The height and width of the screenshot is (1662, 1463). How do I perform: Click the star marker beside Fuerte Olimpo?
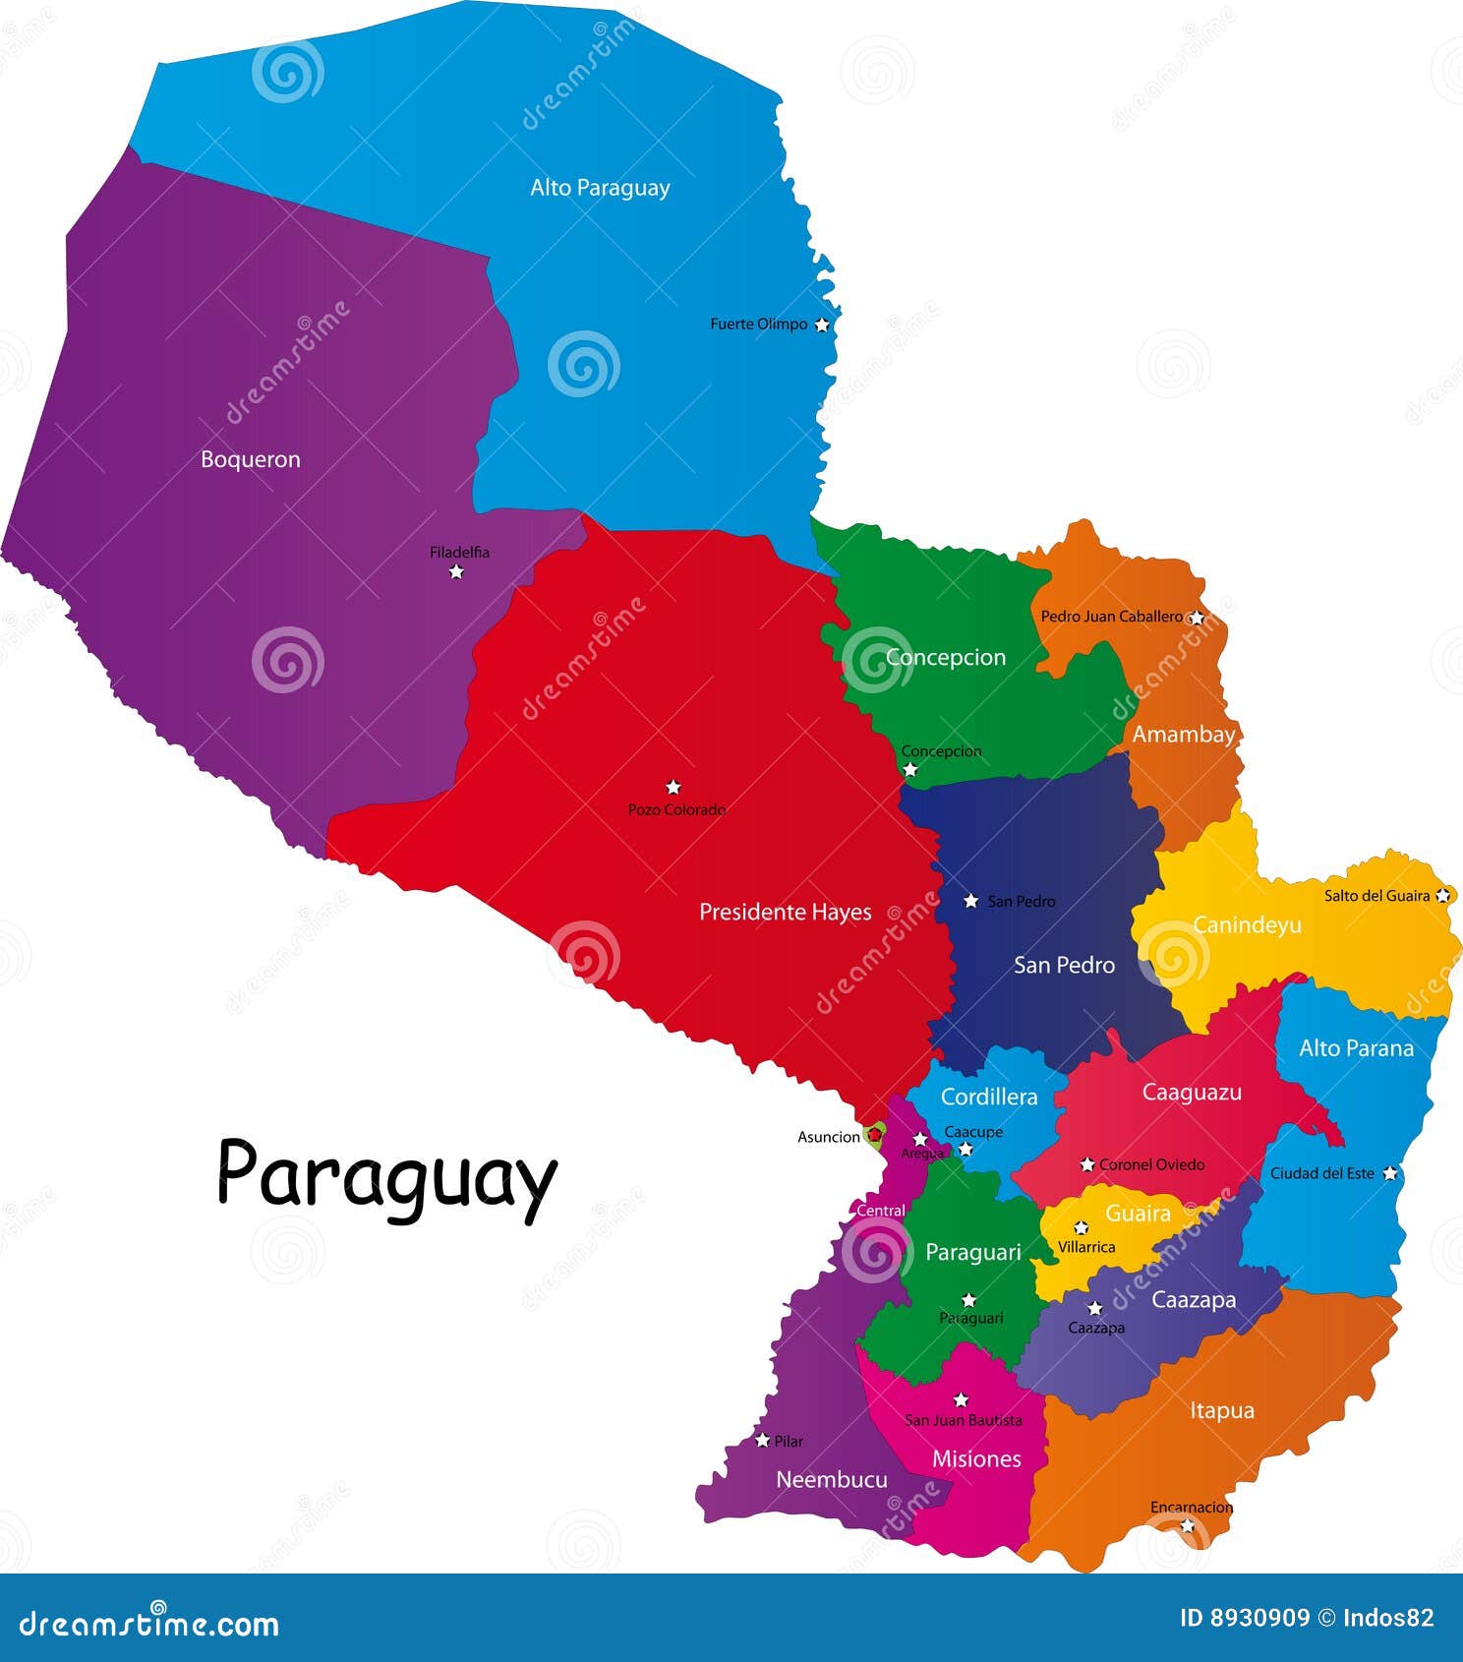pyautogui.click(x=822, y=325)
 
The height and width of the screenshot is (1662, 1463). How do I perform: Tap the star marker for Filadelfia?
pyautogui.click(x=456, y=571)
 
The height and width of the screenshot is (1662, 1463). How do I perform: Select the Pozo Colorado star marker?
pyautogui.click(x=673, y=787)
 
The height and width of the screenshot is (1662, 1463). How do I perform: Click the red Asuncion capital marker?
pyautogui.click(x=873, y=1135)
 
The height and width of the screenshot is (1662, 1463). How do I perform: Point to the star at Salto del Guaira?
pyautogui.click(x=1442, y=895)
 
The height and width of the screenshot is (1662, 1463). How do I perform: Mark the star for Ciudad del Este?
pyautogui.click(x=1389, y=1173)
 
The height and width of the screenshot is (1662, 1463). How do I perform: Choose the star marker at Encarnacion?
pyautogui.click(x=1188, y=1525)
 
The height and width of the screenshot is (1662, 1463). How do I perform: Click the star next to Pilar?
pyautogui.click(x=762, y=1441)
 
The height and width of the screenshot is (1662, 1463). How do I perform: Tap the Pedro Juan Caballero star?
pyautogui.click(x=1196, y=618)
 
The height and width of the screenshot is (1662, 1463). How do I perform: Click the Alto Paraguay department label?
pyautogui.click(x=600, y=188)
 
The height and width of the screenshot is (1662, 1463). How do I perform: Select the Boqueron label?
pyautogui.click(x=250, y=459)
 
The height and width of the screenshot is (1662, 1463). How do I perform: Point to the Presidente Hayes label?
pyautogui.click(x=785, y=912)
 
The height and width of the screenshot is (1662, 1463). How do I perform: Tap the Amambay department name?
pyautogui.click(x=1183, y=735)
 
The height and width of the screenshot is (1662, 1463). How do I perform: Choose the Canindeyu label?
pyautogui.click(x=1247, y=925)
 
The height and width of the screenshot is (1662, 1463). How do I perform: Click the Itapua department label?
pyautogui.click(x=1221, y=1410)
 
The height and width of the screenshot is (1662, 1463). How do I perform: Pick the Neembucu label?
pyautogui.click(x=831, y=1479)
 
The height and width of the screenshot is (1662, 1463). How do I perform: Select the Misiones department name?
pyautogui.click(x=976, y=1458)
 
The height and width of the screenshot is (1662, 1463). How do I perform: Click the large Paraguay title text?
pyautogui.click(x=386, y=1175)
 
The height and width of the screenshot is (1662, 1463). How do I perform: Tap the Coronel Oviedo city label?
pyautogui.click(x=1151, y=1164)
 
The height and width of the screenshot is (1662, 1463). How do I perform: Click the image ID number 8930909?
pyautogui.click(x=1261, y=1618)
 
